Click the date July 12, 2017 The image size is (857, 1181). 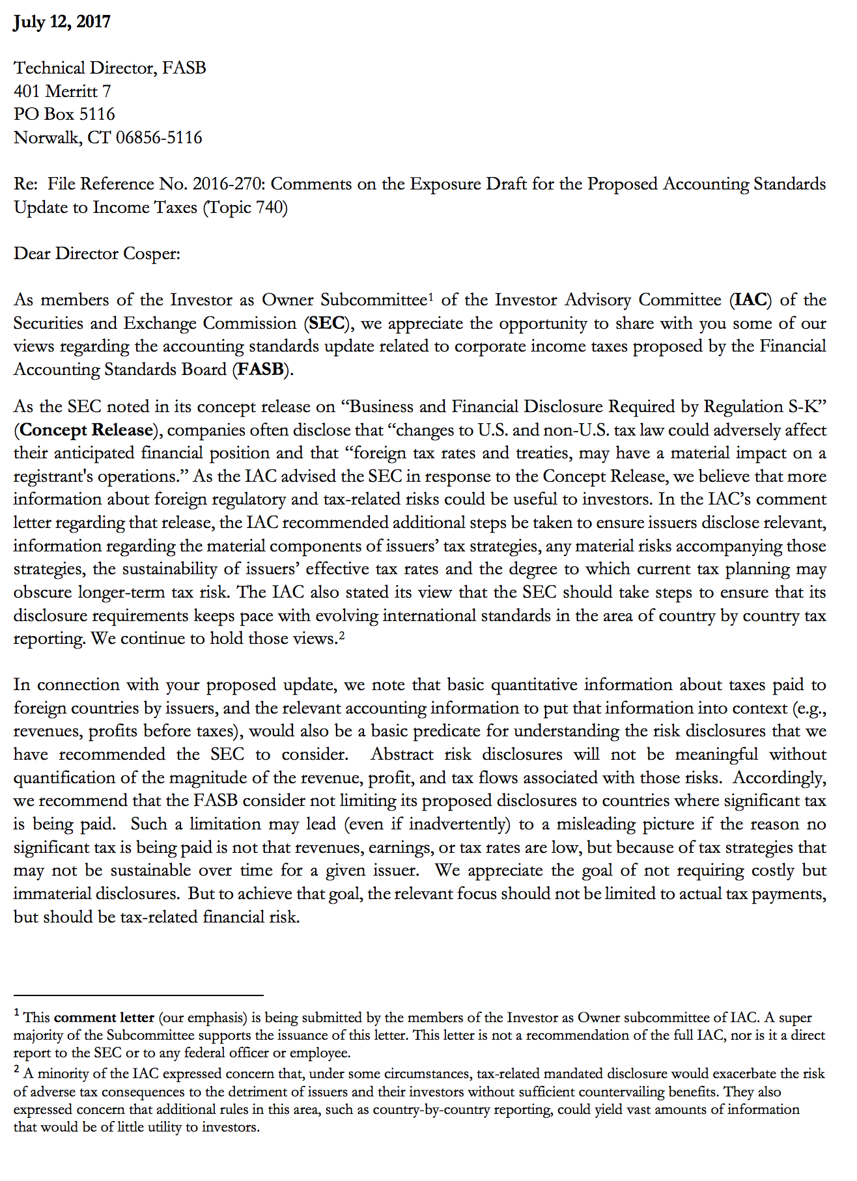[x=62, y=22]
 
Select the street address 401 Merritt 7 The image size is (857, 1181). [x=63, y=91]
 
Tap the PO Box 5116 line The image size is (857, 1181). [x=64, y=115]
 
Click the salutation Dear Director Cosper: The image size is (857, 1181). [x=97, y=253]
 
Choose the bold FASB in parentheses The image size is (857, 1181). [x=260, y=370]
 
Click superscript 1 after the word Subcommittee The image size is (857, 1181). [x=431, y=297]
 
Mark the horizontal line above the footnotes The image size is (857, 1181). [x=138, y=995]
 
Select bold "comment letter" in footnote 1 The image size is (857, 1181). [x=104, y=1018]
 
